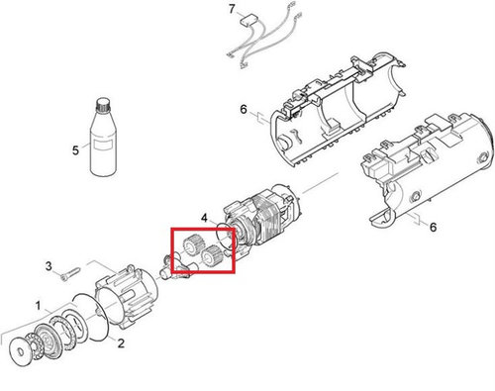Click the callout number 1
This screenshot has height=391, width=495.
point(39,306)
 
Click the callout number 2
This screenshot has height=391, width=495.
point(121,343)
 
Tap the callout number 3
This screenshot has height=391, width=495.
point(49,266)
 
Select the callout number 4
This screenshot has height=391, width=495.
point(205,218)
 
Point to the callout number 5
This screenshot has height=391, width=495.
point(75,150)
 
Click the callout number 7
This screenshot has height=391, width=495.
point(232,9)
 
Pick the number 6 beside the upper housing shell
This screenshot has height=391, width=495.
point(244,109)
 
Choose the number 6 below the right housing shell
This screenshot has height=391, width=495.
point(433,227)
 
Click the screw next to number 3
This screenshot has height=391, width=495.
point(70,273)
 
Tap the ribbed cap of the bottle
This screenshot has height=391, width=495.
point(103,105)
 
